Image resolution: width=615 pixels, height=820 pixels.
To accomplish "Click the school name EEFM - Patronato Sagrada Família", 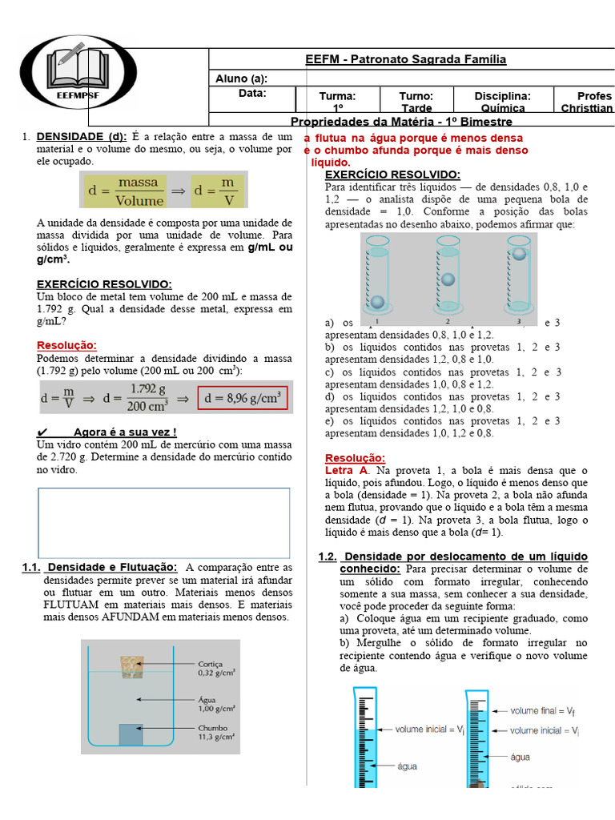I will (x=405, y=60).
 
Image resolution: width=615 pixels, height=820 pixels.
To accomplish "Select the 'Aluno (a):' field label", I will (x=241, y=78).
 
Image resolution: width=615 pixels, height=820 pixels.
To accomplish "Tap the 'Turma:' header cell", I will (x=337, y=96).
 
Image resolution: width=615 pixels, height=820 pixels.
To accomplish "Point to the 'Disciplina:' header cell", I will (x=502, y=96).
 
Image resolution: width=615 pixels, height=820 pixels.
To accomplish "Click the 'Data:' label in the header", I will (x=251, y=94).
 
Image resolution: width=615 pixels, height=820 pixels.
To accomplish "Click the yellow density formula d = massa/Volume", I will (x=163, y=191).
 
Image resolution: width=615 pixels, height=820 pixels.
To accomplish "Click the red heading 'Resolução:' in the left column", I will (x=66, y=345).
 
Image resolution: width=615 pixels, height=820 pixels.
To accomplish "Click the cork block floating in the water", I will (x=131, y=666).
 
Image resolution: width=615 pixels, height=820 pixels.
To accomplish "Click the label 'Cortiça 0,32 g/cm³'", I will (x=216, y=669).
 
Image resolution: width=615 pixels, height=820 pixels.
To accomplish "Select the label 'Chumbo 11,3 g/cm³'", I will (x=216, y=733).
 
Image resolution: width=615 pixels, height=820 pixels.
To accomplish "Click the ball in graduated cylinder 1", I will (x=376, y=303).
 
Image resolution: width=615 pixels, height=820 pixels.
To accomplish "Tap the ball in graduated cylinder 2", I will (x=448, y=279).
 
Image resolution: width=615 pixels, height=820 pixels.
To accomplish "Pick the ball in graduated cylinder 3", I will (x=519, y=254).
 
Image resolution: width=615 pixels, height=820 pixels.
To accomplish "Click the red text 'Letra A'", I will (x=346, y=471).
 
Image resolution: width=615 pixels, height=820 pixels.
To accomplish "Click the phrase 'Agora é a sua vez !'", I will (x=124, y=432).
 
